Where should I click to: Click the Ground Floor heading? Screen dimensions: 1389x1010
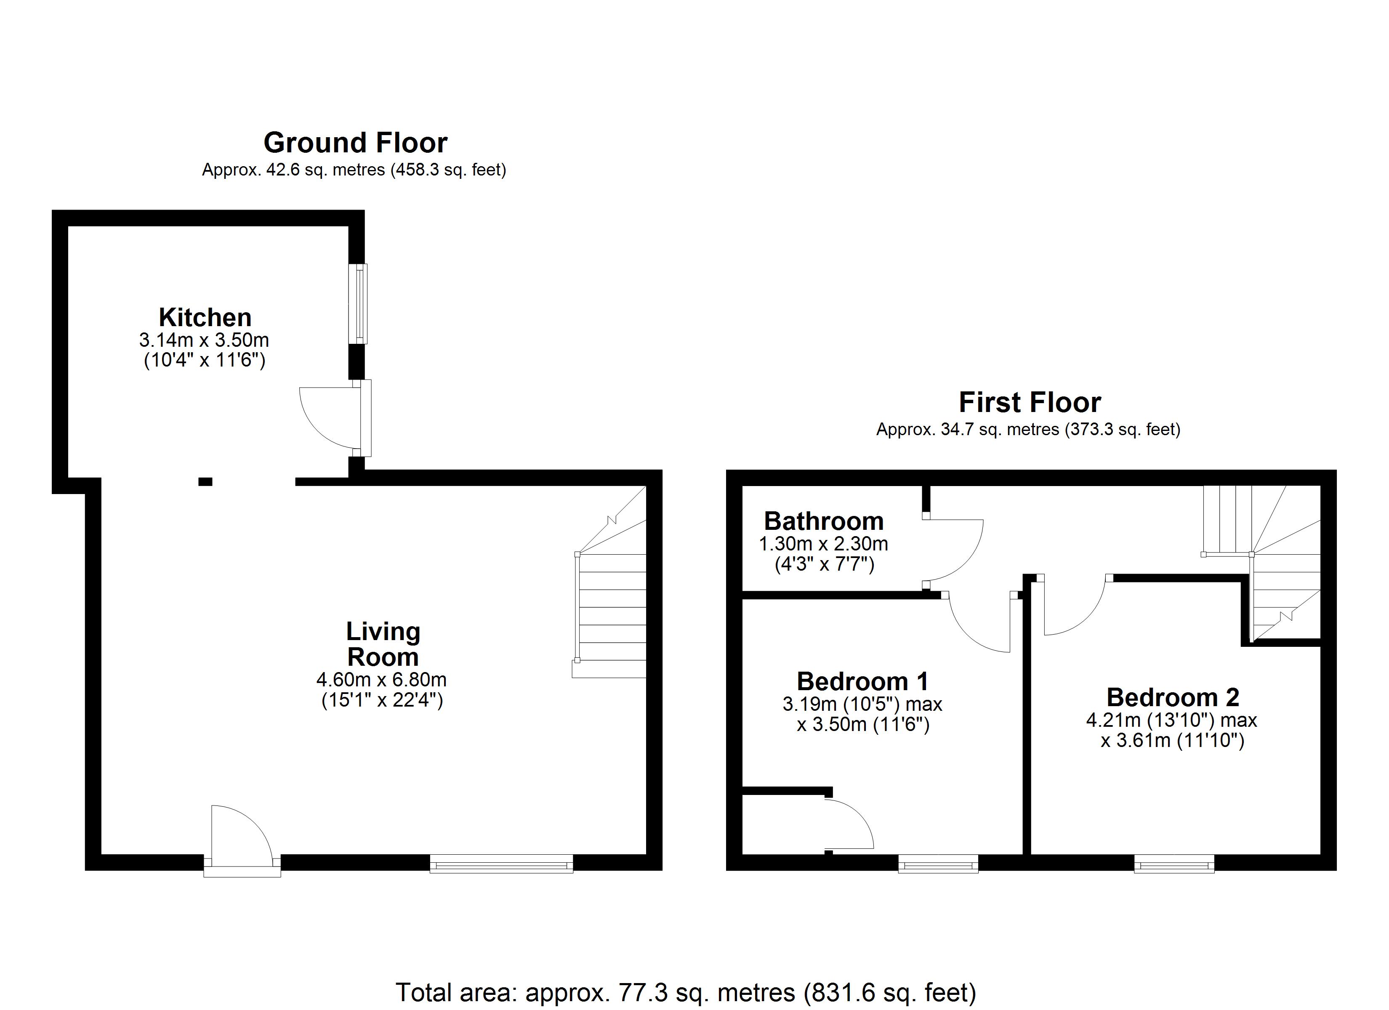pyautogui.click(x=355, y=143)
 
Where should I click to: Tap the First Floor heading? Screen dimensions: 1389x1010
pyautogui.click(x=1030, y=402)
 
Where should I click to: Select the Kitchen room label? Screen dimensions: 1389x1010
pyautogui.click(x=205, y=317)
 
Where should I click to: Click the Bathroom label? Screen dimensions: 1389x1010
pyautogui.click(x=824, y=521)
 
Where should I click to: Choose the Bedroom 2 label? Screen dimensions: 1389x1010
pyautogui.click(x=1173, y=697)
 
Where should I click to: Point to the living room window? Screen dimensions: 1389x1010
pyautogui.click(x=502, y=864)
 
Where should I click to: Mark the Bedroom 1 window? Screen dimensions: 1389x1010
pyautogui.click(x=938, y=864)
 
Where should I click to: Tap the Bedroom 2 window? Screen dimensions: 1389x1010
pyautogui.click(x=1174, y=864)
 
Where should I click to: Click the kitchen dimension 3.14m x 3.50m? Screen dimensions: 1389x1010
pyautogui.click(x=205, y=340)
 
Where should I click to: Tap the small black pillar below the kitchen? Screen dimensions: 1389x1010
pyautogui.click(x=205, y=482)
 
